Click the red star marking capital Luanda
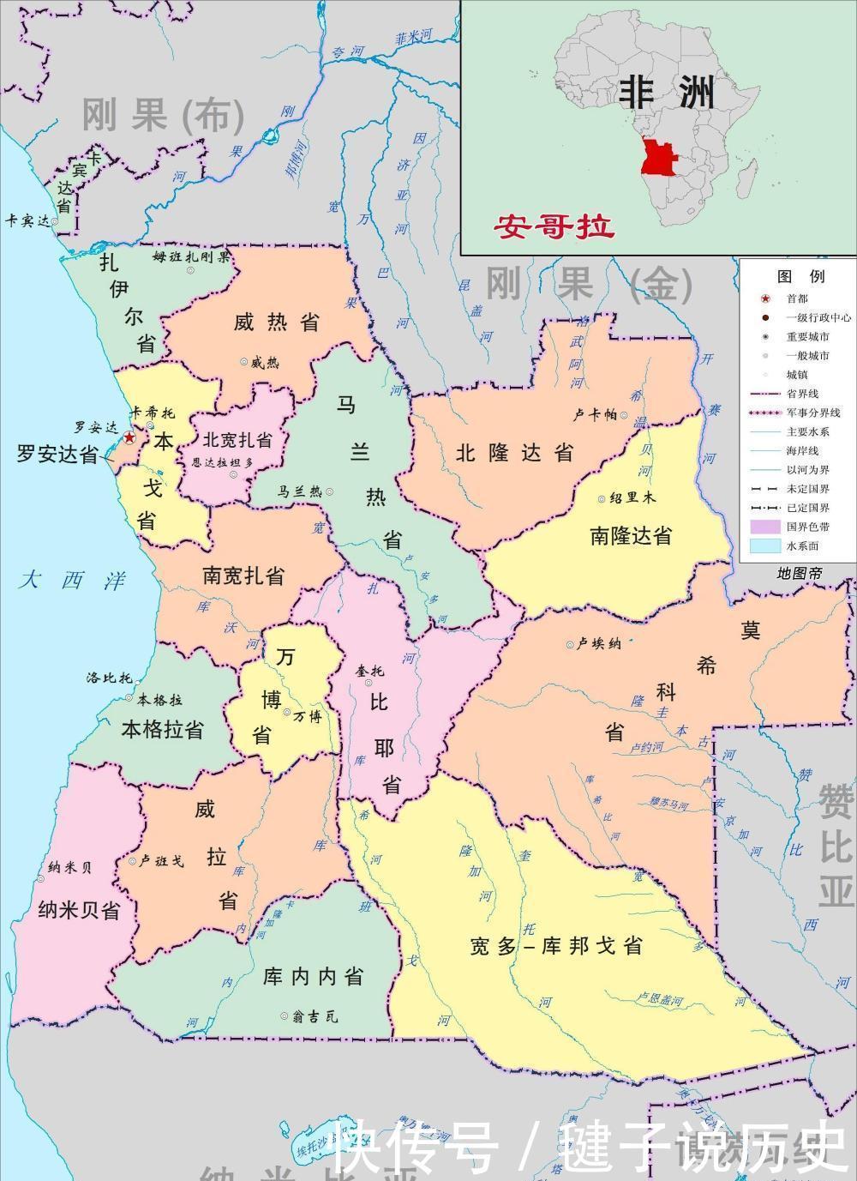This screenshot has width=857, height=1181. click(129, 438)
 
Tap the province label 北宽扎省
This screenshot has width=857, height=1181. click(237, 440)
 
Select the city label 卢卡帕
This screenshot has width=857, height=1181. click(596, 415)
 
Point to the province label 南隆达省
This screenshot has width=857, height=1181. click(631, 536)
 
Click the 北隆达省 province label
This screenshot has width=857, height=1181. click(514, 453)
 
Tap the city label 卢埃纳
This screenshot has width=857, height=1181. click(598, 643)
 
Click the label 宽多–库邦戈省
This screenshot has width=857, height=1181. click(556, 947)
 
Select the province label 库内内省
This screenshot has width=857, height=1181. click(313, 976)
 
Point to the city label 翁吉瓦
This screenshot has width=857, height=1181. click(315, 1016)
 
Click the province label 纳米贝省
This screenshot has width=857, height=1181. click(79, 910)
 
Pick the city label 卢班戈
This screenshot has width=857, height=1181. click(160, 861)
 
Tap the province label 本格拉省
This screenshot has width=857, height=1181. click(163, 730)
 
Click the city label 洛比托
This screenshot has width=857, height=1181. click(109, 678)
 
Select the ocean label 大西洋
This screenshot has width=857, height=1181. click(73, 581)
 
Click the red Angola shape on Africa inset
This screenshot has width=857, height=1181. click(659, 158)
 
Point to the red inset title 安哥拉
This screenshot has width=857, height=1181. click(554, 227)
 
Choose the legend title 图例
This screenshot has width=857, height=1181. click(800, 276)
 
